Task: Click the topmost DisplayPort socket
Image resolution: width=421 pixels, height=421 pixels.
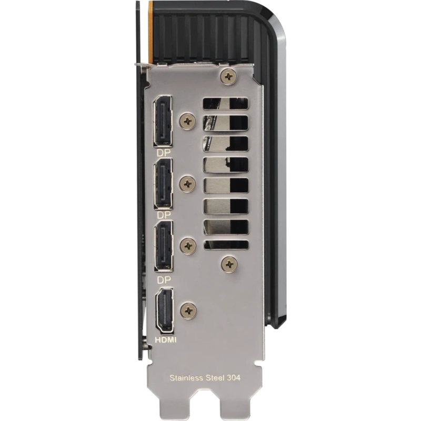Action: (x=163, y=121)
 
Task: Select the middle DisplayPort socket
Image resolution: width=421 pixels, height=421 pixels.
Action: (x=163, y=184)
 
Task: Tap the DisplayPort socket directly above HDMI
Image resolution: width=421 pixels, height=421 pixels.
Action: (x=164, y=246)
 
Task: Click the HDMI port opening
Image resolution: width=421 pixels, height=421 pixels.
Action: (x=165, y=310)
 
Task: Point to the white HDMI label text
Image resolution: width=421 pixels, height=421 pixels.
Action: (x=166, y=340)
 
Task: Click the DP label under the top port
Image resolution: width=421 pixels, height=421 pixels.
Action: (x=164, y=153)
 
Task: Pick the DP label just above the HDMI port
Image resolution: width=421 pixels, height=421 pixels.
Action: (x=164, y=280)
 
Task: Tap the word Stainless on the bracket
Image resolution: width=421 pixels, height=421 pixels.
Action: (x=186, y=378)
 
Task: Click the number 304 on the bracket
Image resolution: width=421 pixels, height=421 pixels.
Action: (x=234, y=378)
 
